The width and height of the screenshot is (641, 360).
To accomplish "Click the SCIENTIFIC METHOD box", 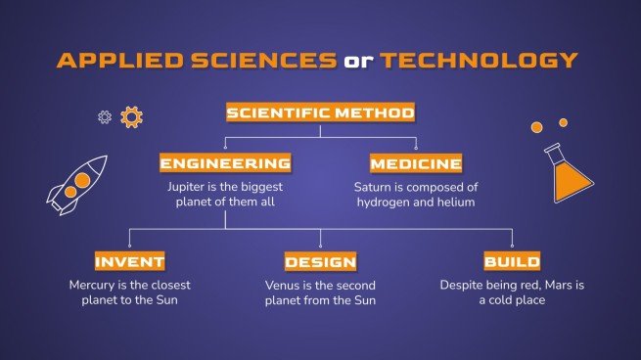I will tap(320, 112).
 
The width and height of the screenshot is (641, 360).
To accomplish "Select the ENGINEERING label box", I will tap(225, 162).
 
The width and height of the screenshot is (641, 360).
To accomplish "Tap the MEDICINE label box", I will tap(416, 162).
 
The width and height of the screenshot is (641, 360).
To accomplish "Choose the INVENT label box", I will tap(129, 261).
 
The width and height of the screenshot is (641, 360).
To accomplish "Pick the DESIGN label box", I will tap(320, 261).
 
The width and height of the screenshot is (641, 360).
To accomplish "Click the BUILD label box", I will tap(512, 261).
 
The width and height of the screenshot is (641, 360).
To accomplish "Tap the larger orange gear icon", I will tap(131, 117).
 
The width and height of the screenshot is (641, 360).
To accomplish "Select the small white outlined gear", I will tap(105, 116).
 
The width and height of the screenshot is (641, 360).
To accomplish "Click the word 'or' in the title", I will tap(357, 60).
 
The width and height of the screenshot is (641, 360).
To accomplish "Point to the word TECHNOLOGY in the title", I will tap(479, 60).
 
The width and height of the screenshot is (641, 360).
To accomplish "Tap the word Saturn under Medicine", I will tap(374, 185).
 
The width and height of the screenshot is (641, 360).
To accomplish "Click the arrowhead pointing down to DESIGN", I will tap(320, 245).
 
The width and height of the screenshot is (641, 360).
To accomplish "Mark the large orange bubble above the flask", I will tap(536, 127).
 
